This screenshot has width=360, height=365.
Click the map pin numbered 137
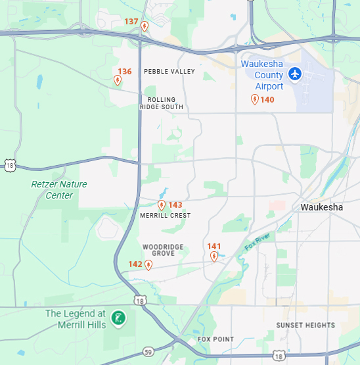tap(145, 26)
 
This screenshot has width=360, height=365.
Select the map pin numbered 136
tap(118, 80)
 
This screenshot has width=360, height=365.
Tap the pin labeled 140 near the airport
tap(254, 99)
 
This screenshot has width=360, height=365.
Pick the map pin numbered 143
tap(162, 205)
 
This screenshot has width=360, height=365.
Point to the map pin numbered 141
tap(214, 256)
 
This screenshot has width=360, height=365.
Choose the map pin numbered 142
tap(148, 264)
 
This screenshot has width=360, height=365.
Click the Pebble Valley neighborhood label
tap(169, 71)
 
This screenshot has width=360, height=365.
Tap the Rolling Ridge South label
tap(161, 103)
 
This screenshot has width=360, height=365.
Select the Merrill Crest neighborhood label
tap(166, 216)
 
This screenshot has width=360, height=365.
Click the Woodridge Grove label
tap(163, 250)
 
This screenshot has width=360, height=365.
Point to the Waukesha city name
tap(321, 207)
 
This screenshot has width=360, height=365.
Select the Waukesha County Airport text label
tap(262, 75)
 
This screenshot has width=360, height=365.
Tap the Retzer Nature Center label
tap(59, 189)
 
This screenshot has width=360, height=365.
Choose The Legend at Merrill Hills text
tap(75, 319)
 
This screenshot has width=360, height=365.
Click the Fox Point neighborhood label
tap(215, 339)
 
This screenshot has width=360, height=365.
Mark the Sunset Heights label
tap(305, 326)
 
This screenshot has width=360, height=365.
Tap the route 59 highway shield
tap(149, 351)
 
